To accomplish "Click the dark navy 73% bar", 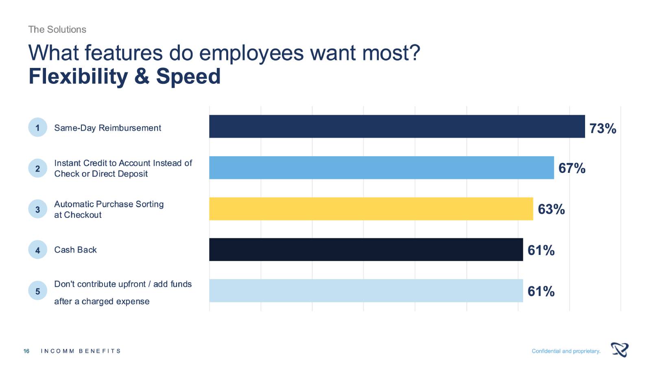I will tap(397, 126).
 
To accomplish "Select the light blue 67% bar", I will tap(381, 168).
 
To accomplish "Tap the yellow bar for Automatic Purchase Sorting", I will tap(371, 209).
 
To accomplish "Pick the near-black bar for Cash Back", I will tap(366, 250).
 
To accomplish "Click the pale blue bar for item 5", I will tap(366, 291).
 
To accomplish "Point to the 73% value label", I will tap(603, 129).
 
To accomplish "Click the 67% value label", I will tap(572, 168).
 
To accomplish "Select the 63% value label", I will tap(551, 209).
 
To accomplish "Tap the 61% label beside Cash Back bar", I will tap(541, 250).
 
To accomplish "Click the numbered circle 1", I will tap(38, 128).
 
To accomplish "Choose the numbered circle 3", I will tap(38, 209).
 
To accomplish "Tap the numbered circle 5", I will tap(38, 291).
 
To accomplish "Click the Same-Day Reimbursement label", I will tap(107, 128).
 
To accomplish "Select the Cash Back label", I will tap(75, 250).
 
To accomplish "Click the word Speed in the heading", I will tap(188, 76).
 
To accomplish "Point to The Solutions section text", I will tap(57, 30).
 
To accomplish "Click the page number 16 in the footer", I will tap(26, 351).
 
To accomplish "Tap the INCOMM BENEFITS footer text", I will tap(81, 351).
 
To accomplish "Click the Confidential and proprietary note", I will tap(566, 351).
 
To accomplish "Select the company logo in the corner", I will tap(619, 350).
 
